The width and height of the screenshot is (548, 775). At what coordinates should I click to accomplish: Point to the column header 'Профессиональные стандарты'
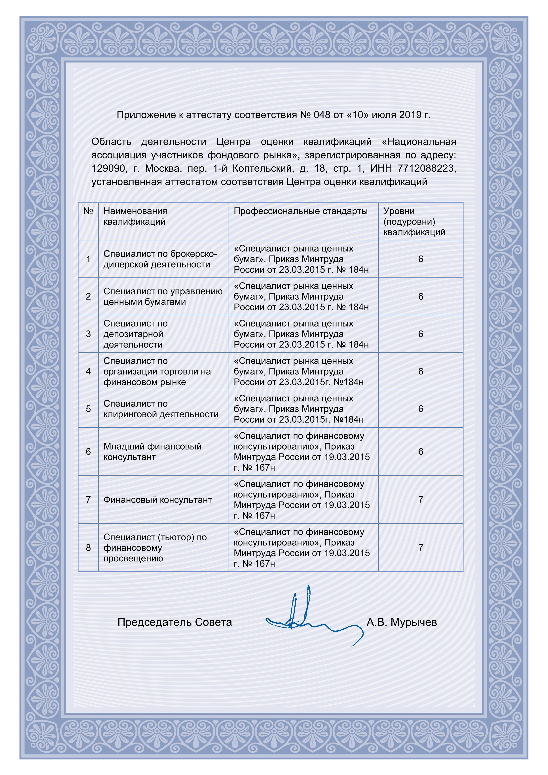click(x=300, y=211)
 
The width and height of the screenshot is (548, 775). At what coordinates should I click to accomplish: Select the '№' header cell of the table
click(x=88, y=211)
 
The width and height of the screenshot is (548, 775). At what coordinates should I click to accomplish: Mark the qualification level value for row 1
click(x=421, y=259)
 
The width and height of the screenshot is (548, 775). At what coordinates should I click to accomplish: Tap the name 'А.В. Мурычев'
click(x=402, y=622)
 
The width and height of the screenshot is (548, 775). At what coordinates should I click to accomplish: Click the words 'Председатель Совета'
click(x=174, y=622)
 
